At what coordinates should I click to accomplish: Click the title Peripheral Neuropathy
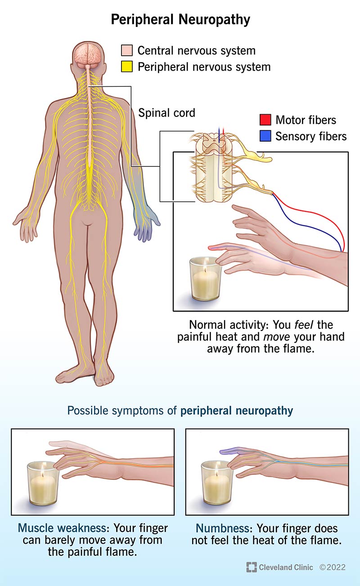[180, 20]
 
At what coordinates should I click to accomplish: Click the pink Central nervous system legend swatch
[127, 50]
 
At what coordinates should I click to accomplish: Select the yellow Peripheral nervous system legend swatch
[127, 67]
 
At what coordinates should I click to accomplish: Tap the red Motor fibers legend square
[265, 120]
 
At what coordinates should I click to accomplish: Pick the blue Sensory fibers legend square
[265, 136]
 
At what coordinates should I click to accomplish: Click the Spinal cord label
[166, 113]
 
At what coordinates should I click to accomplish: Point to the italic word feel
[304, 325]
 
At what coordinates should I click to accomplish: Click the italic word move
[276, 337]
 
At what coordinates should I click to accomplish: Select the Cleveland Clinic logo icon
[252, 567]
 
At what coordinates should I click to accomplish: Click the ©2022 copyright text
[333, 567]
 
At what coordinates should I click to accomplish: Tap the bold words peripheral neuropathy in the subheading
[237, 411]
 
